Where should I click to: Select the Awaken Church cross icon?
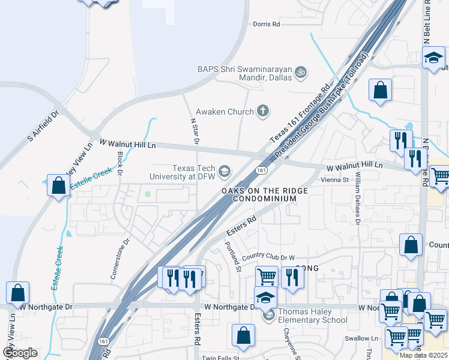pos(262,110)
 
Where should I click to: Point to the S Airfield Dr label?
pos(43,127)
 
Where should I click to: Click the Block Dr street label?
pos(120,163)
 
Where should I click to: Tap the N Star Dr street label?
pos(194,130)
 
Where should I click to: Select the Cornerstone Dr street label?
pos(120,259)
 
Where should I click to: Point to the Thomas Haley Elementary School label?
pos(313,316)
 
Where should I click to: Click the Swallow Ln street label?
pos(361,338)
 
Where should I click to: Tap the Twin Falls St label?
pos(221,358)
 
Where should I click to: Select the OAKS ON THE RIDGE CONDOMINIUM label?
pos(265,194)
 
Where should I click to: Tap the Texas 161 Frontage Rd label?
pos(300,112)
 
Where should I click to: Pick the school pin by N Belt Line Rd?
pos(433,59)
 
